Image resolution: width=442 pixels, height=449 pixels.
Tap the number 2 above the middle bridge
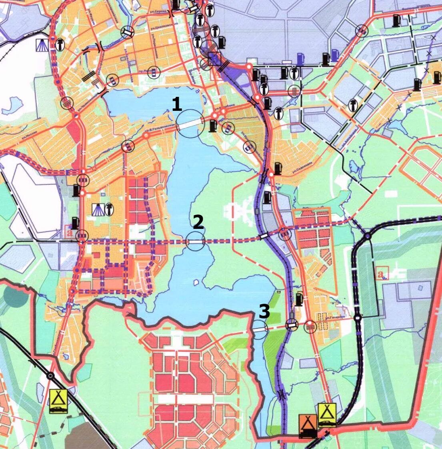click(x=198, y=222)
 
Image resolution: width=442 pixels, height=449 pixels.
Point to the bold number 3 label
click(x=264, y=311)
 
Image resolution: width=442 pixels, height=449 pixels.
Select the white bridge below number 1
click(x=190, y=124)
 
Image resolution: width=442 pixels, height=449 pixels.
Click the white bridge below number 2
click(x=196, y=242)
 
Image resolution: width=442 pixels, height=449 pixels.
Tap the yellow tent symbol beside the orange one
click(x=327, y=415)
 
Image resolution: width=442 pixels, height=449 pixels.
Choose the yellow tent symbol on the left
click(x=58, y=401)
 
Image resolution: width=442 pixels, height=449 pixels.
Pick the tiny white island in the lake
click(x=196, y=283)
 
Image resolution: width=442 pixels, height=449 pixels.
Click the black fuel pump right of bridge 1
click(x=212, y=126)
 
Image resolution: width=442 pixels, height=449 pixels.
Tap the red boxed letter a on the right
click(x=383, y=273)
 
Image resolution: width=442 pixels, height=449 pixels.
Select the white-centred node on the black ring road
click(x=358, y=319)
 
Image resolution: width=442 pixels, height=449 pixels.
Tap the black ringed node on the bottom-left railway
click(x=50, y=376)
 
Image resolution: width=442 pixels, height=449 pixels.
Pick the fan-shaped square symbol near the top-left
click(x=42, y=44)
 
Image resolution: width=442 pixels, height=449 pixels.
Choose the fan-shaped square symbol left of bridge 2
click(x=98, y=209)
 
